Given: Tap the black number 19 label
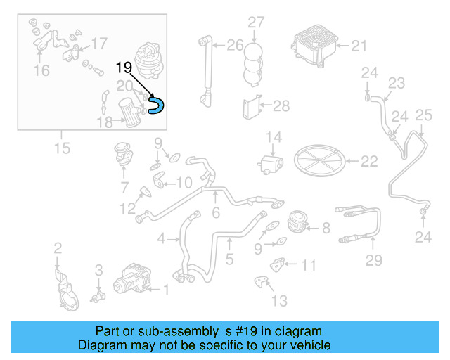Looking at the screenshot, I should (124, 67).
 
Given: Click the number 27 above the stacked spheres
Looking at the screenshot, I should (255, 22).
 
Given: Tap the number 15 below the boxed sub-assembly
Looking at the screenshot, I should (62, 148).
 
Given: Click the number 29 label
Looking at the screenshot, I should (373, 261).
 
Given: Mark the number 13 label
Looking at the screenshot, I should (279, 301).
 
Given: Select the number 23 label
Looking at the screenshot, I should (397, 83).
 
